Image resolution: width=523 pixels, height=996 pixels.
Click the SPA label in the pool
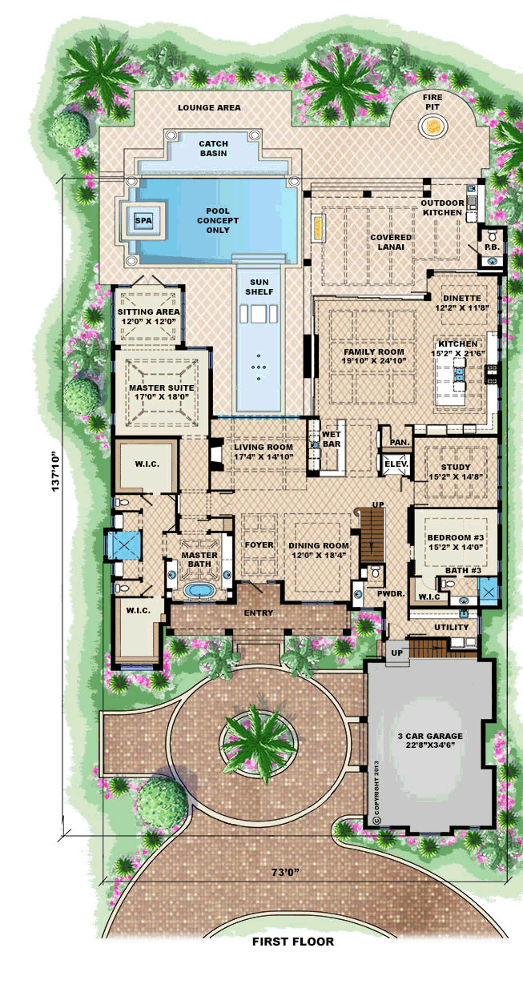pyautogui.click(x=143, y=220)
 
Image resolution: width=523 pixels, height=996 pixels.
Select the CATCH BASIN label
pyautogui.click(x=214, y=148)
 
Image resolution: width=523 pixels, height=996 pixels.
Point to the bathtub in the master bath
pyautogui.click(x=199, y=591)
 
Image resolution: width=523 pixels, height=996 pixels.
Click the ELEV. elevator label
pyautogui.click(x=396, y=464)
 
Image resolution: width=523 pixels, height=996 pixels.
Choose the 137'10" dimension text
pyautogui.click(x=55, y=472)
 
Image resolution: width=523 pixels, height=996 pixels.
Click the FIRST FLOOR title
pyautogui.click(x=293, y=941)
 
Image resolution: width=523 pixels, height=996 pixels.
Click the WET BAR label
pyautogui.click(x=332, y=439)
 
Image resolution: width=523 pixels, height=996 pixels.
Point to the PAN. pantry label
pyautogui.click(x=400, y=443)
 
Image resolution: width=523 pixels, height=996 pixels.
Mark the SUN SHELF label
pyautogui.click(x=259, y=287)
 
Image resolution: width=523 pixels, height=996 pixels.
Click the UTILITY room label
pyautogui.click(x=452, y=627)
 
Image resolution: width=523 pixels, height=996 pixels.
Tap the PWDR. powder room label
pyautogui.click(x=391, y=593)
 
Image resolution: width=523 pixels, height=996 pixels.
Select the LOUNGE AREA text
pyautogui.click(x=209, y=107)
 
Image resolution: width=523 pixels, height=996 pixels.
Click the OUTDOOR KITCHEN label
pyautogui.click(x=442, y=207)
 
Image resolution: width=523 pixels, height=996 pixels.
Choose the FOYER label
pyautogui.click(x=259, y=544)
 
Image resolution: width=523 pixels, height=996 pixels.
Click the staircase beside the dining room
pyautogui.click(x=372, y=536)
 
